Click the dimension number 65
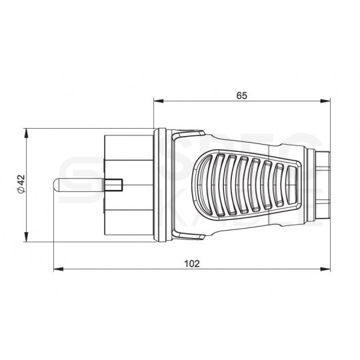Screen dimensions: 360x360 coord(242,95)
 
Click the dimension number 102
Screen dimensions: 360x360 coord(192,263)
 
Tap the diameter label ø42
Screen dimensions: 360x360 coord(21,183)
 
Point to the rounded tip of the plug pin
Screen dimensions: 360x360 coord(57,184)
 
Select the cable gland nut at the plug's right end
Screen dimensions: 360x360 coord(323,183)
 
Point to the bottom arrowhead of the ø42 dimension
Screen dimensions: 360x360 coord(27,235)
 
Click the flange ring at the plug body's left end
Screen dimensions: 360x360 coord(159,184)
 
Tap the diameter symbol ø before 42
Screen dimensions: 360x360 coord(21,191)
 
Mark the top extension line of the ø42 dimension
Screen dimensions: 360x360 coord(67,129)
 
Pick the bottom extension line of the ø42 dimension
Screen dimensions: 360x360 coord(67,239)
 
